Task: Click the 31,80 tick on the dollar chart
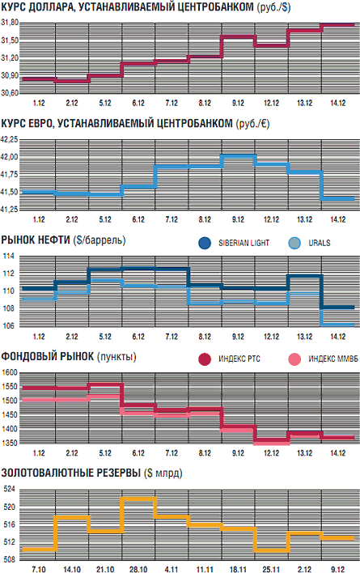tap(10, 23)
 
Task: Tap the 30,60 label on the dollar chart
tap(10, 93)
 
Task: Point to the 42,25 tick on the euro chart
tap(9, 139)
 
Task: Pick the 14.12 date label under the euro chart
tap(337, 219)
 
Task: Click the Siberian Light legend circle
tap(205, 243)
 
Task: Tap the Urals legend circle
tap(294, 243)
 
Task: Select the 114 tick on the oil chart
tap(8, 257)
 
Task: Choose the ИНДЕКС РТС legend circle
tap(205, 359)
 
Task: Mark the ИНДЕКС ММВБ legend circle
tap(294, 359)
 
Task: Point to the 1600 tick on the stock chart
tap(9, 373)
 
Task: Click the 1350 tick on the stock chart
tap(9, 444)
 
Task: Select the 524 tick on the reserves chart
tap(9, 490)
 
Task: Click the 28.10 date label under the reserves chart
tap(138, 569)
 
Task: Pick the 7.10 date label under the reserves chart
tap(39, 569)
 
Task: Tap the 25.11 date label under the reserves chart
tap(271, 569)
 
